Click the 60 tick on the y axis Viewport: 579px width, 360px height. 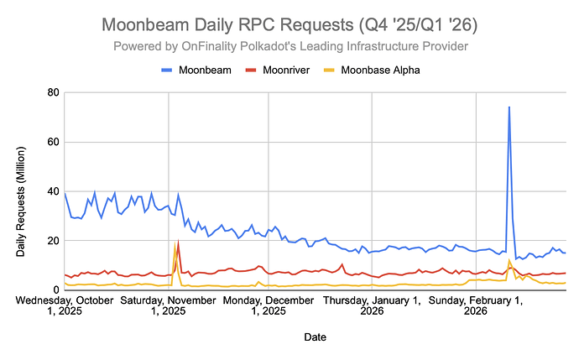click(53, 142)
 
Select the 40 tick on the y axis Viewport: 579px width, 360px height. click(53, 191)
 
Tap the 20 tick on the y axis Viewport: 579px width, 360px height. click(53, 241)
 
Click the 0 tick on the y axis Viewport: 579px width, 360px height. click(55, 290)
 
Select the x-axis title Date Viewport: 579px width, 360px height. click(316, 337)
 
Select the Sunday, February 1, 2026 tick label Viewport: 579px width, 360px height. click(475, 305)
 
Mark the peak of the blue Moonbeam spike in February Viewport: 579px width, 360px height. click(509, 107)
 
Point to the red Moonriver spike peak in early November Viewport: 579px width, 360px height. click(178, 242)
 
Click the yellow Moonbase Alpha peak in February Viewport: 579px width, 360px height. click(509, 260)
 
